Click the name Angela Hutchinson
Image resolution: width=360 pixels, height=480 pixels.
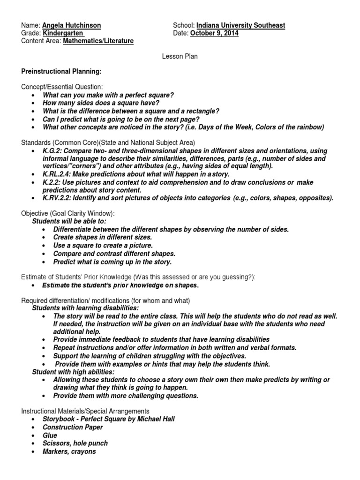pyautogui.click(x=72, y=25)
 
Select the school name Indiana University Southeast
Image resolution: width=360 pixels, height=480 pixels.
pyautogui.click(x=240, y=25)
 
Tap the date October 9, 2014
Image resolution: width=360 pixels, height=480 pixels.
pyautogui.click(x=214, y=33)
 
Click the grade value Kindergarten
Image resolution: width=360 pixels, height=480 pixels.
pyautogui.click(x=63, y=33)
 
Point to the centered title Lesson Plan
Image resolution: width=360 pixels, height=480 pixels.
pyautogui.click(x=180, y=56)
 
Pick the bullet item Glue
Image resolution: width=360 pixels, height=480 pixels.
pyautogui.click(x=50, y=435)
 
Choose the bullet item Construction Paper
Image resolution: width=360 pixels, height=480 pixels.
pyautogui.click(x=73, y=427)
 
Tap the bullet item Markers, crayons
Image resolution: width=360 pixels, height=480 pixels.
pyautogui.click(x=69, y=451)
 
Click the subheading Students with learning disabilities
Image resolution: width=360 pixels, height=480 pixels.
pyautogui.click(x=85, y=308)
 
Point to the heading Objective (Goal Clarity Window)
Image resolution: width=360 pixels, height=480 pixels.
pyautogui.click(x=68, y=213)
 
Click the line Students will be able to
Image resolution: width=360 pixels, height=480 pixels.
pyautogui.click(x=69, y=221)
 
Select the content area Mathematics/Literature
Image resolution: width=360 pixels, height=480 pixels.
pyautogui.click(x=98, y=41)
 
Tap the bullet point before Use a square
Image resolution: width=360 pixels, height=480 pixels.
pyautogui.click(x=44, y=246)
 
